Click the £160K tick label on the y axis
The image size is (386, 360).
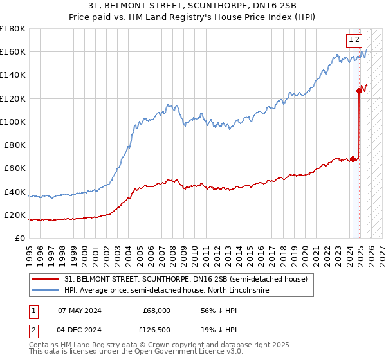[13, 52]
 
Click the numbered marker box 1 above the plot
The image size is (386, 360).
[351, 40]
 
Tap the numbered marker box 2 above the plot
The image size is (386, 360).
[358, 40]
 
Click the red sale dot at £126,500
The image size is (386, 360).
[359, 91]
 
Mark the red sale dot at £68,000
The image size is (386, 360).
[353, 159]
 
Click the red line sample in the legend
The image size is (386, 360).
[46, 279]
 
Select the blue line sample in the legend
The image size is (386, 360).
[46, 291]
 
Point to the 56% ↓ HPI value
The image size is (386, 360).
[219, 310]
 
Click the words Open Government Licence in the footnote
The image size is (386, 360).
[168, 354]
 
